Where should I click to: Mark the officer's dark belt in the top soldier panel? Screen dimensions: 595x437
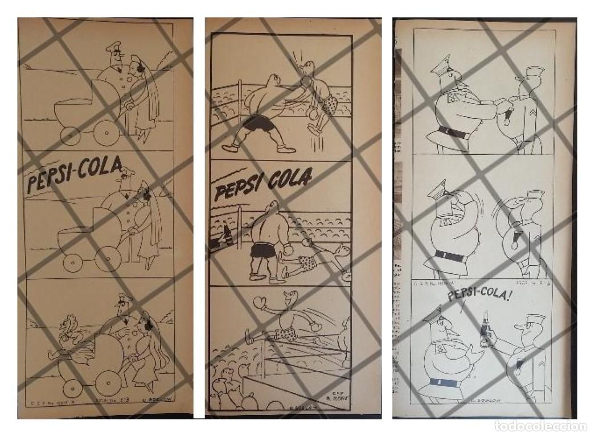tap(453, 131)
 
